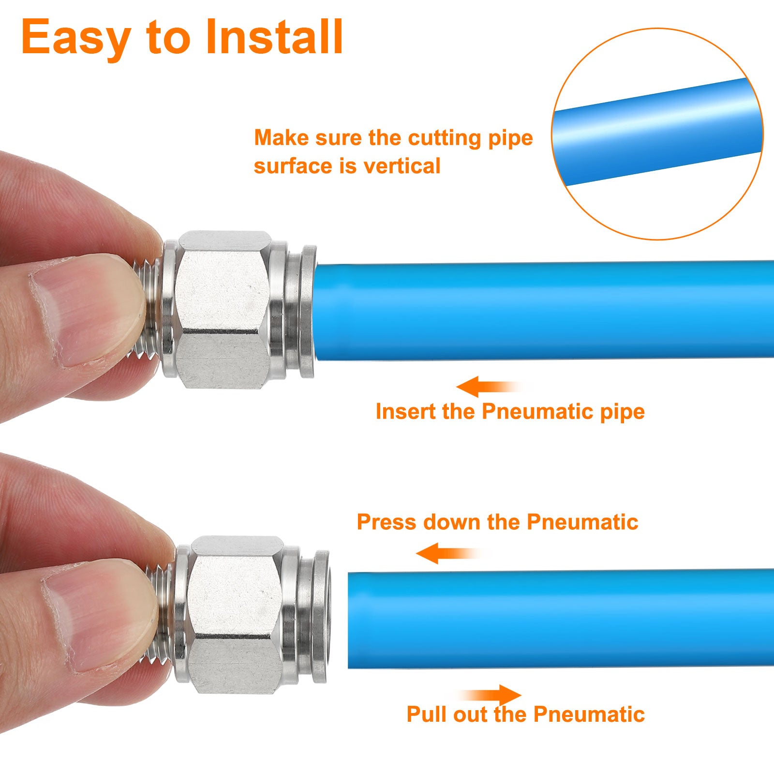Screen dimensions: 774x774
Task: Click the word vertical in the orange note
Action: pos(402,166)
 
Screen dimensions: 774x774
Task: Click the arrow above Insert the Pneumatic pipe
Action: pos(489,387)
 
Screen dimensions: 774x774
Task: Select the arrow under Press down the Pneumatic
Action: pos(448,553)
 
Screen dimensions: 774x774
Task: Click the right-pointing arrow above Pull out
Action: pos(490,696)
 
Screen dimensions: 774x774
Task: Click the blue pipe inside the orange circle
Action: pos(657,132)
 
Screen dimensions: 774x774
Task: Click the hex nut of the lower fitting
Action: pos(235,615)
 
